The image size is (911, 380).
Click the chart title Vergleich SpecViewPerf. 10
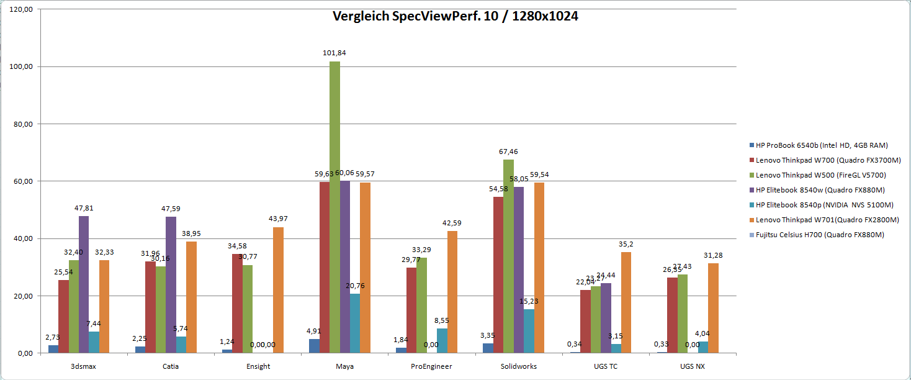[x=455, y=17]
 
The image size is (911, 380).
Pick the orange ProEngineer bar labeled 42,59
[x=452, y=292]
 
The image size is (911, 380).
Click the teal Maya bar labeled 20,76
[x=355, y=323]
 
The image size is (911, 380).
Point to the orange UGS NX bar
[x=713, y=308]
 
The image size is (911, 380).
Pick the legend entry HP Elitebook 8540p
[x=824, y=205]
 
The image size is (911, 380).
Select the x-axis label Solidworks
[x=519, y=366]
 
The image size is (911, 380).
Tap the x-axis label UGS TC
[x=606, y=366]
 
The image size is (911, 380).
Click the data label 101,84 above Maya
[x=334, y=53]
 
